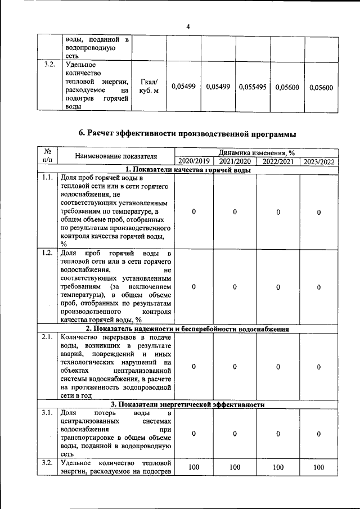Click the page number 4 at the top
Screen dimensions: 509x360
point(188,26)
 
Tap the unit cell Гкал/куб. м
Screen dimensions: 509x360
point(148,87)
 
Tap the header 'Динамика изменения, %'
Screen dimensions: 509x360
point(256,152)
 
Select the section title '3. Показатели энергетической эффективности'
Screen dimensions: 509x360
point(187,404)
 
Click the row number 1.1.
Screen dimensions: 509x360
point(48,178)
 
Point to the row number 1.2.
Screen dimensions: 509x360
point(48,252)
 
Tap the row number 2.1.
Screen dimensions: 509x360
point(48,337)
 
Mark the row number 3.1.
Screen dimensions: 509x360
point(48,413)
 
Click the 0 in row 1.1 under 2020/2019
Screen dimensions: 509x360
point(193,211)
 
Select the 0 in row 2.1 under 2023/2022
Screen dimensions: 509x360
point(318,367)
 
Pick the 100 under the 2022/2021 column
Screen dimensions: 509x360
point(277,467)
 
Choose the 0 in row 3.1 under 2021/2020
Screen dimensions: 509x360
point(235,434)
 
